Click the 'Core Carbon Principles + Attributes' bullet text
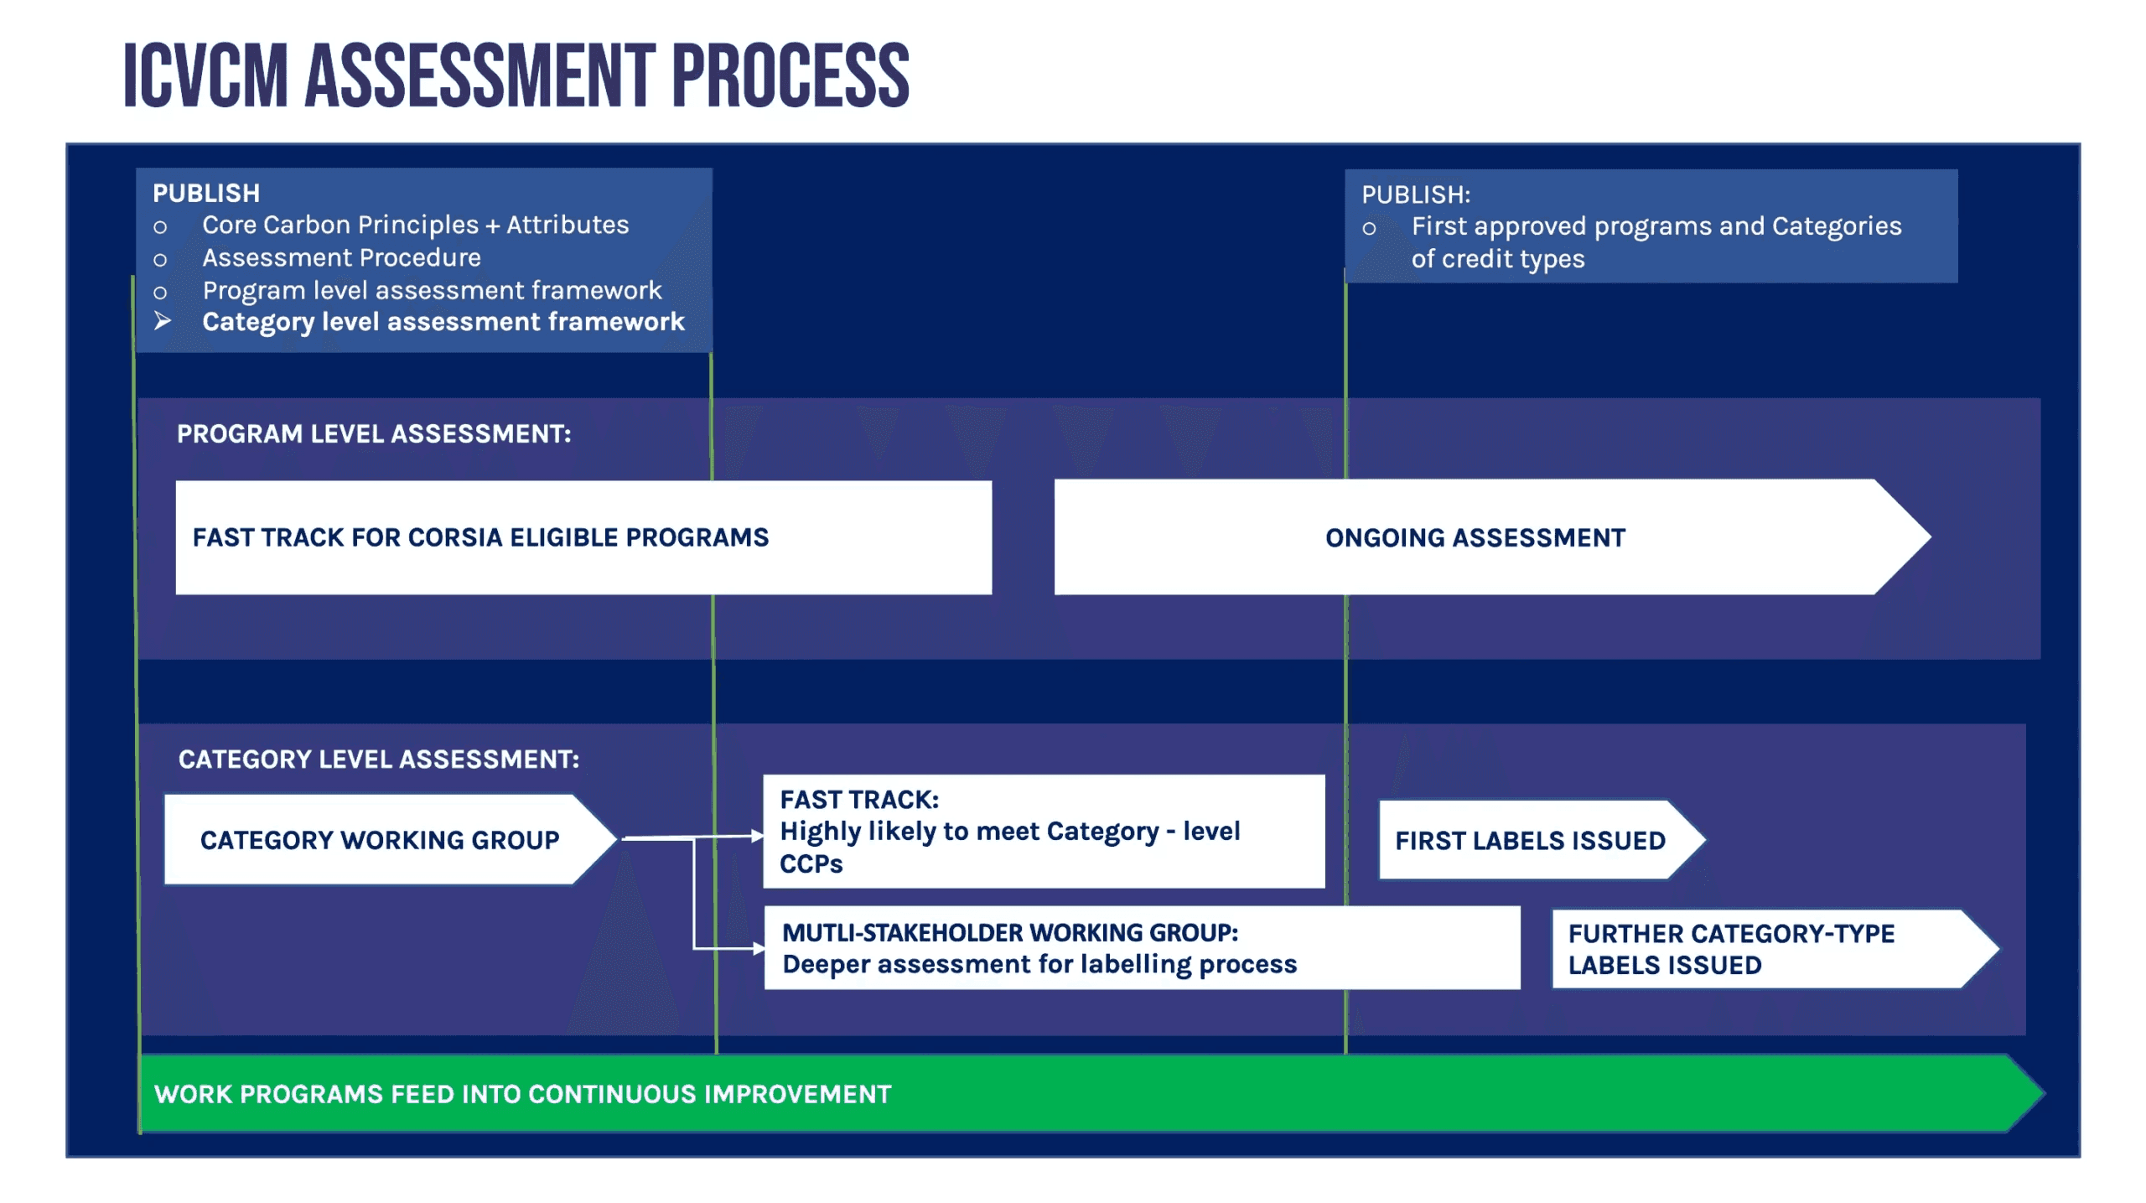pos(416,225)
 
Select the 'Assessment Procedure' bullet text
pos(341,257)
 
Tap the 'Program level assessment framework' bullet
pos(432,290)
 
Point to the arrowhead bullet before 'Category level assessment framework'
pos(163,320)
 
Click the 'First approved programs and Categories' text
pos(1656,226)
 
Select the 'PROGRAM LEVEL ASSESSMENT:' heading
pos(374,433)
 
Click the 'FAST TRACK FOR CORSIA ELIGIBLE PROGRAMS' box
pos(583,537)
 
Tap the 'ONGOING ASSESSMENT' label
pos(1475,537)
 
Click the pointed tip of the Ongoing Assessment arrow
pos(1930,537)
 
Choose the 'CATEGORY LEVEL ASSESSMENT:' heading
pos(379,760)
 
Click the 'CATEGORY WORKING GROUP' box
pos(391,839)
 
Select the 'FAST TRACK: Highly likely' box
pos(1044,831)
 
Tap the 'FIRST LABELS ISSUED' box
pos(1542,840)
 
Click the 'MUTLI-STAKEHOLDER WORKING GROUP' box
pos(1142,947)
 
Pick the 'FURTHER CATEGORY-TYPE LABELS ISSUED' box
pos(1775,949)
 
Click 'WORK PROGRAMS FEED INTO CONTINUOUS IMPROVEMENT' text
pos(523,1094)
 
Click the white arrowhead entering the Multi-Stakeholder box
pos(759,948)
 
